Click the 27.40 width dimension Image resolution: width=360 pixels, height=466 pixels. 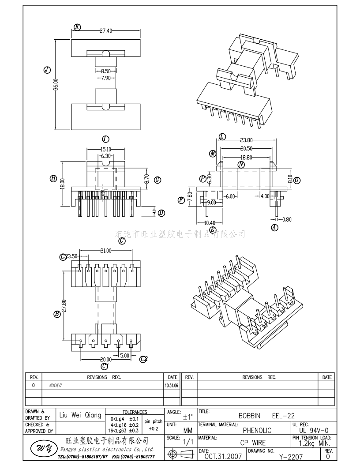106,31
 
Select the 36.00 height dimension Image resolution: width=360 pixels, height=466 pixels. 56,84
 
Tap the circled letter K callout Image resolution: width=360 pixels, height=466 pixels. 78,27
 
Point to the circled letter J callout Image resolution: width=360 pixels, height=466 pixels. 47,70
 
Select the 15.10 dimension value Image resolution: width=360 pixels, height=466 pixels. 106,149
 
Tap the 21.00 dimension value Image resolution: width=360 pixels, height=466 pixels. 105,251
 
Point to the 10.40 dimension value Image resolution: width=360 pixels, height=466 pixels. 210,223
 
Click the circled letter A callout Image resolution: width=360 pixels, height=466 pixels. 275,228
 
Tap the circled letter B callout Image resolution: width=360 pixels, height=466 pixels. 57,315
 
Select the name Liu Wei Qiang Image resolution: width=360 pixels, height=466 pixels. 80,416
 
